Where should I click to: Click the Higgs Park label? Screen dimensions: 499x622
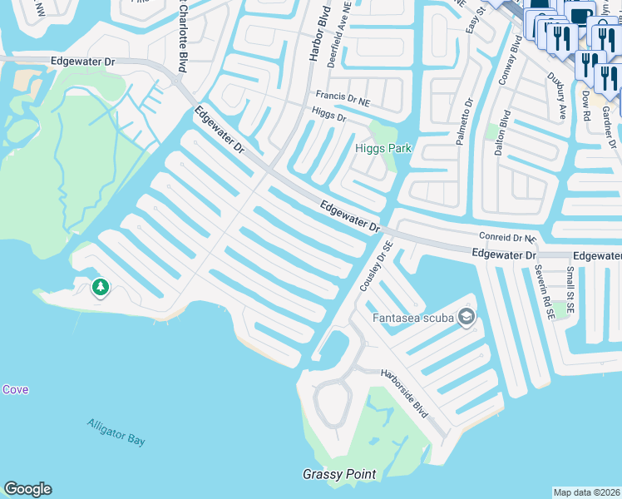(383, 148)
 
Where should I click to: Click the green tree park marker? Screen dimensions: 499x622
(101, 288)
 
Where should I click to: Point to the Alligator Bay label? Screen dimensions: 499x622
(116, 432)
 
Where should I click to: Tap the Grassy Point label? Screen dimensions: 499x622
(338, 475)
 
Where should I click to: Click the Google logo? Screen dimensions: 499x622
(27, 489)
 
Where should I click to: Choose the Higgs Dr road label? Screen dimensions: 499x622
(328, 114)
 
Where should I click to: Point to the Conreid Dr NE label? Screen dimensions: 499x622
(504, 237)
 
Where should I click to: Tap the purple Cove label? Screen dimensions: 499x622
(15, 389)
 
